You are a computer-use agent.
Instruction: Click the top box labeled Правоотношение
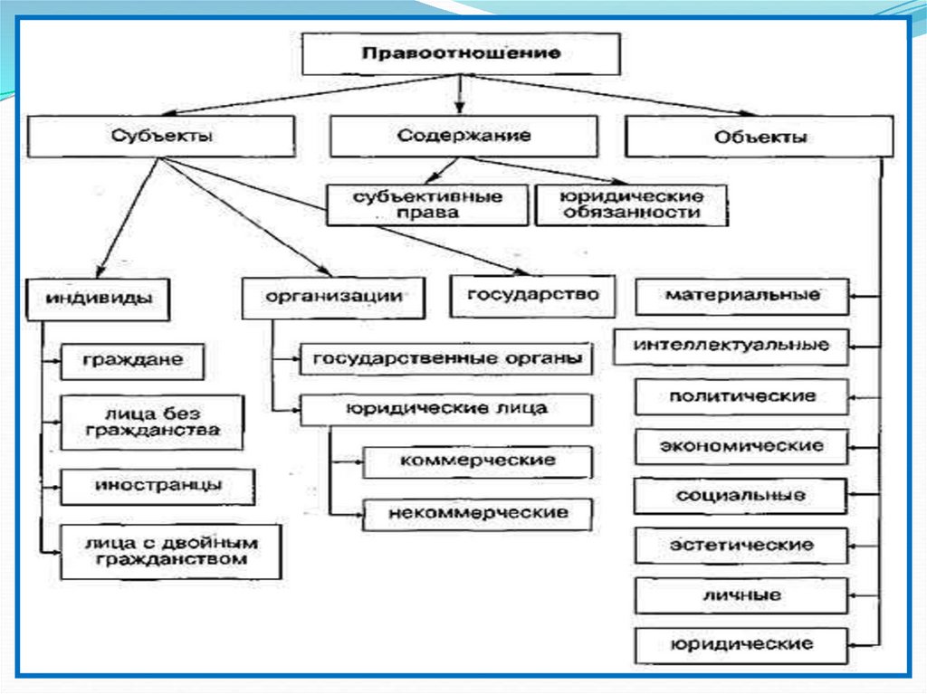click(461, 53)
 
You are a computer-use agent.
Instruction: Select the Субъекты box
click(164, 137)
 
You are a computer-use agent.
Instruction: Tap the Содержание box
click(463, 137)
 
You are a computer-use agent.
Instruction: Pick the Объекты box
click(760, 138)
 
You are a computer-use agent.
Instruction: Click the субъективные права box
click(426, 204)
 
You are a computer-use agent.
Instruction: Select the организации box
click(333, 297)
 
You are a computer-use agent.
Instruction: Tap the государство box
click(533, 295)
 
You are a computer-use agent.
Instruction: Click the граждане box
click(132, 360)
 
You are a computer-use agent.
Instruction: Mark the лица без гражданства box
click(152, 421)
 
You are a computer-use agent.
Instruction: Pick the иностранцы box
click(158, 485)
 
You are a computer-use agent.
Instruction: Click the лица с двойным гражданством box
click(170, 551)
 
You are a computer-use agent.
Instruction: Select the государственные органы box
click(446, 357)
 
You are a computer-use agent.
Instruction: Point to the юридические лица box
click(446, 408)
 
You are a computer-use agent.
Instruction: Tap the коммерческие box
click(477, 461)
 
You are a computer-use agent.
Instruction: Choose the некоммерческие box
click(477, 513)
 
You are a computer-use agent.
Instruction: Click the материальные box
click(742, 296)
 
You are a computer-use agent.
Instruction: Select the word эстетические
click(741, 546)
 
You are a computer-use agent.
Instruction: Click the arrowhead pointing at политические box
click(855, 396)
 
